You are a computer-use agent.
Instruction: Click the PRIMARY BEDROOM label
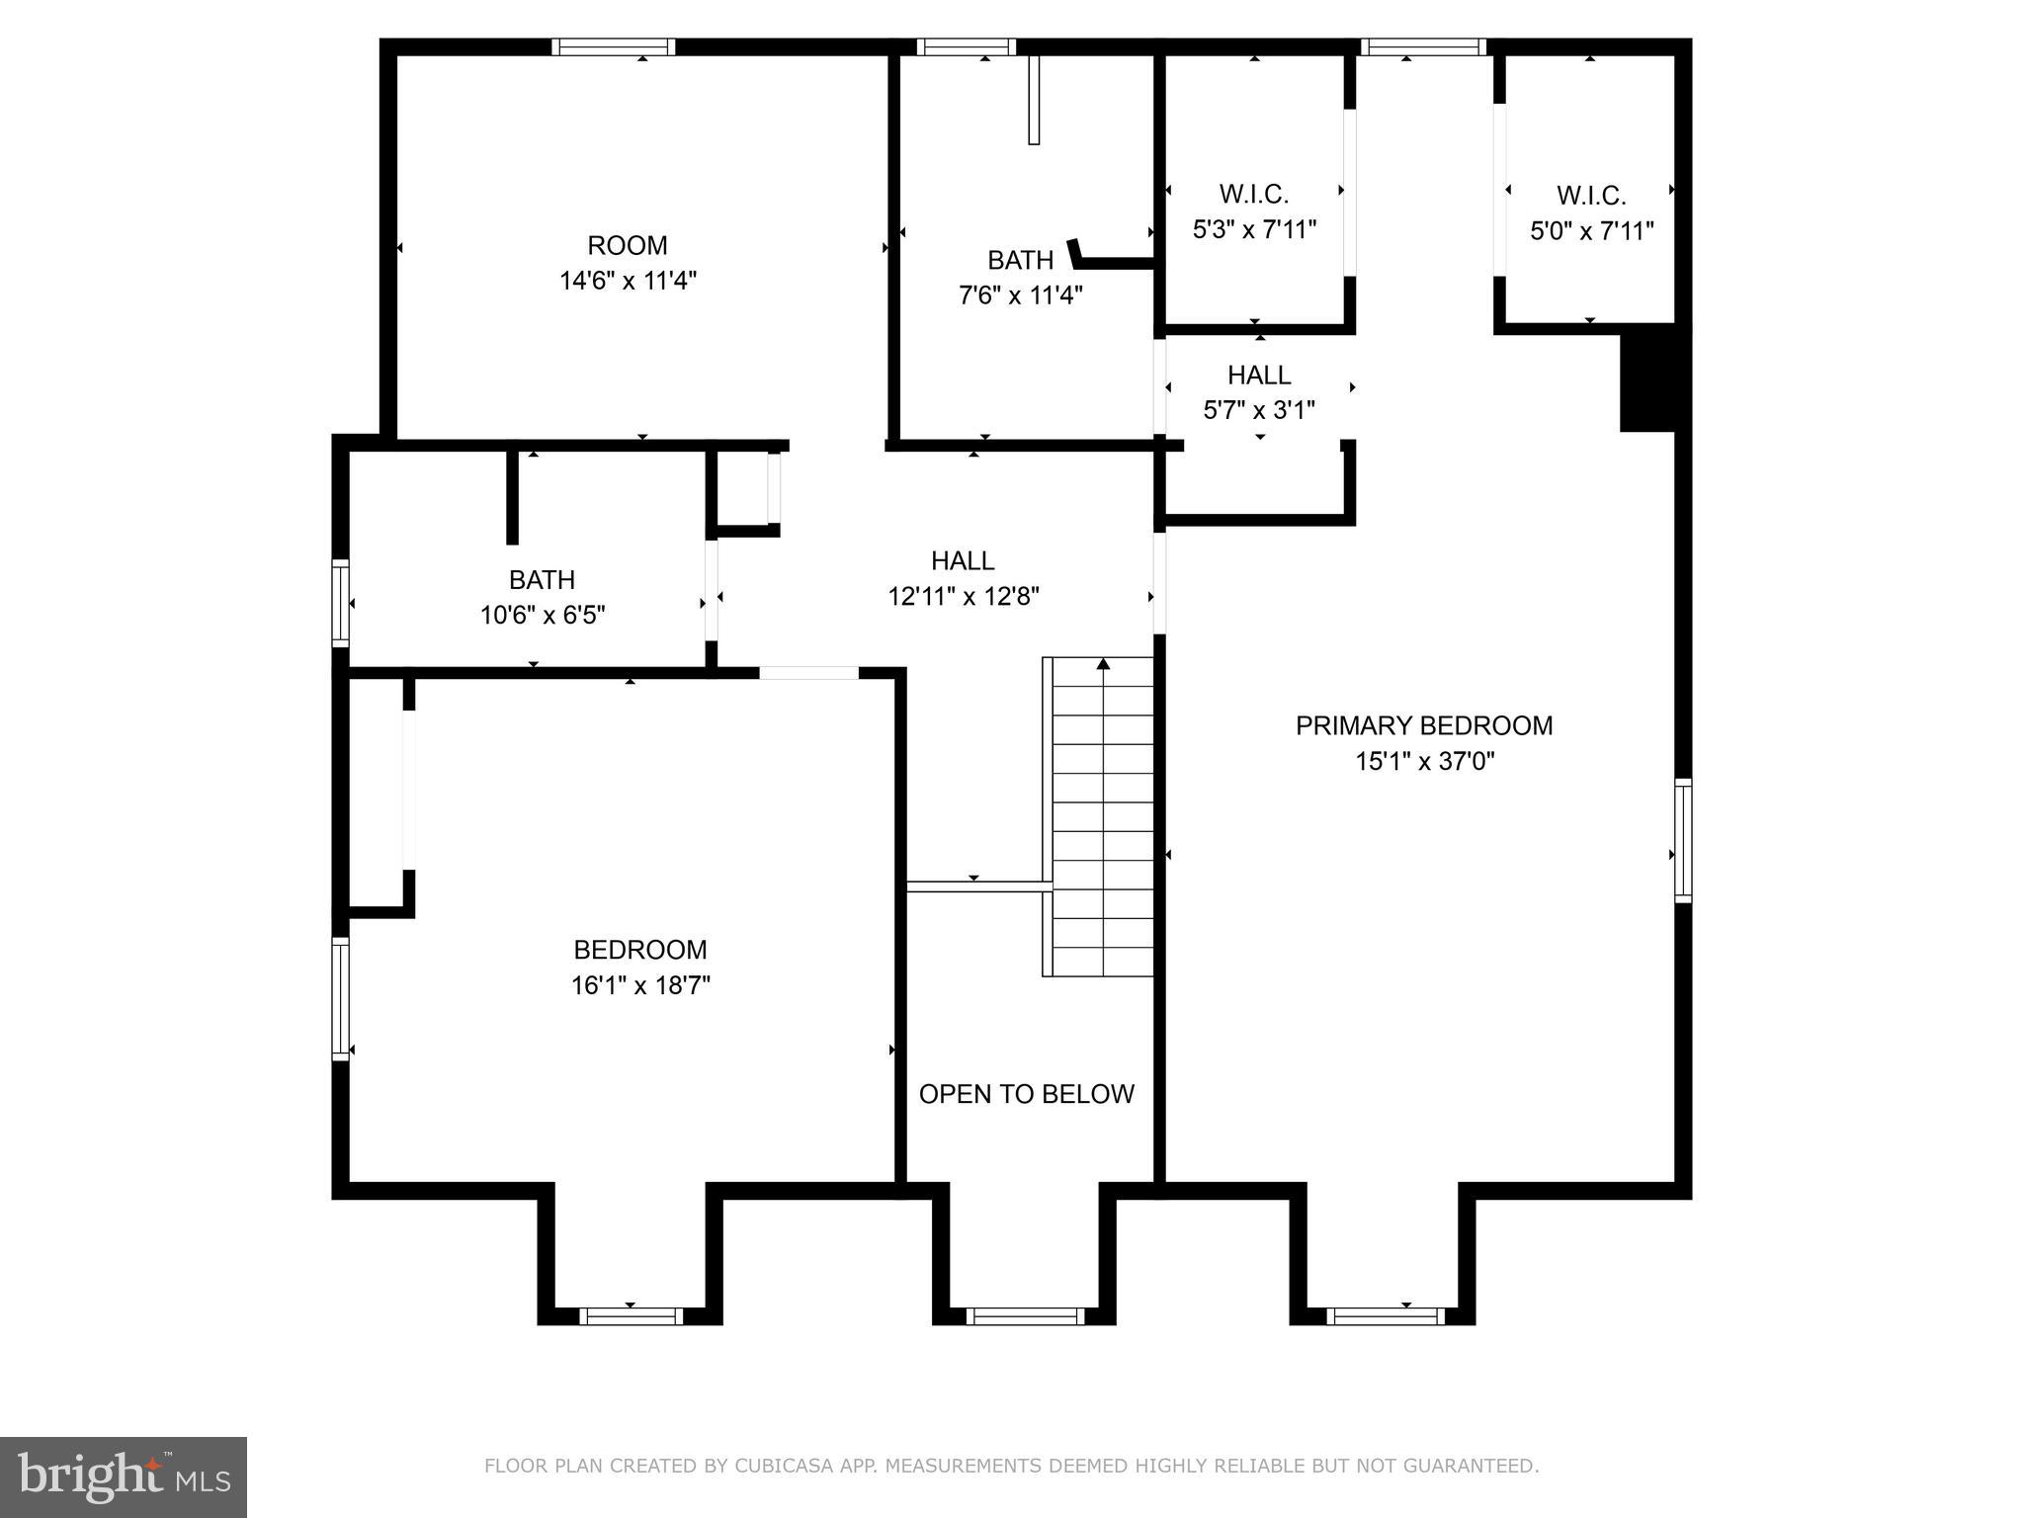(1423, 725)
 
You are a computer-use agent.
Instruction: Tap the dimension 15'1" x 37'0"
(1424, 761)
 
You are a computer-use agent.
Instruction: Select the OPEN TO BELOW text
(1026, 1094)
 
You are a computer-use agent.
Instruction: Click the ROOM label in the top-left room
(628, 245)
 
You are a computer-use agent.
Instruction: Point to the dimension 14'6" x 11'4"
(628, 281)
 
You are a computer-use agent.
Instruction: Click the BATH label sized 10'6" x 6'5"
(542, 579)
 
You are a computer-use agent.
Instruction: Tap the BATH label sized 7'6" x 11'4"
(1020, 260)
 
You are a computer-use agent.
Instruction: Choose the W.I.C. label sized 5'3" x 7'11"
(1253, 194)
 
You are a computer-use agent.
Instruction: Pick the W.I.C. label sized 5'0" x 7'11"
(1590, 196)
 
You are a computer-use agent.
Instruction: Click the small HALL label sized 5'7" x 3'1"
(1258, 376)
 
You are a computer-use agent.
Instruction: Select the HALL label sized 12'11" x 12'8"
(963, 561)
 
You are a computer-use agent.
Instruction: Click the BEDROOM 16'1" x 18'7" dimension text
(640, 985)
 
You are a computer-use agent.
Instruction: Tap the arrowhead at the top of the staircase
(1103, 664)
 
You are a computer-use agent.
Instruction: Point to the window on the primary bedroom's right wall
(1682, 840)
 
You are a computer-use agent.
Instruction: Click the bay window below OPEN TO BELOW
(1025, 1315)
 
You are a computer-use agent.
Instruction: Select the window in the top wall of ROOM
(613, 46)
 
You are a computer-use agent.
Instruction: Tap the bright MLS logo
(124, 1476)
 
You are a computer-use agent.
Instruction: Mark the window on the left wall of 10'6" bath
(340, 602)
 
